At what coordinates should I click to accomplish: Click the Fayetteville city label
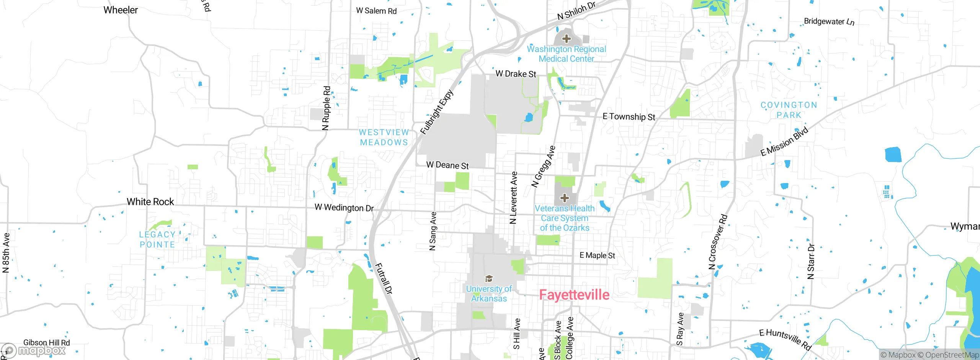tap(574, 295)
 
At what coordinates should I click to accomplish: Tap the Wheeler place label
tap(121, 10)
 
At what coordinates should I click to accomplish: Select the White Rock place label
tap(150, 202)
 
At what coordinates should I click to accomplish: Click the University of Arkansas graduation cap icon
tap(489, 278)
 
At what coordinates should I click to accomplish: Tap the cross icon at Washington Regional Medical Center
tap(567, 39)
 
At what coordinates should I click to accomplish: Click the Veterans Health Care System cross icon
tap(564, 198)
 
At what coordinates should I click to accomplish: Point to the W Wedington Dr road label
tap(344, 208)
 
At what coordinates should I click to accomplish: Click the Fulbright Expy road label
tap(437, 112)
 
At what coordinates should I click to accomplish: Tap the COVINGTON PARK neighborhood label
tap(789, 110)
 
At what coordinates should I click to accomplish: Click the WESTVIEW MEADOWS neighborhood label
tap(384, 137)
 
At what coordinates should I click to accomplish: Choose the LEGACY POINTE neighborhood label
tap(157, 239)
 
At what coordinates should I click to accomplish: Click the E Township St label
tap(629, 116)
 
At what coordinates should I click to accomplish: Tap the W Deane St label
tap(447, 165)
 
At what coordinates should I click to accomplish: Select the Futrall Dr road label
tap(383, 278)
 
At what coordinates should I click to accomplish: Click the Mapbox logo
tap(34, 350)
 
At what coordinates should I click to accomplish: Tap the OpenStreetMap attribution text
tap(952, 355)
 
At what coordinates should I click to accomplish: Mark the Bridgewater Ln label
tap(829, 21)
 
